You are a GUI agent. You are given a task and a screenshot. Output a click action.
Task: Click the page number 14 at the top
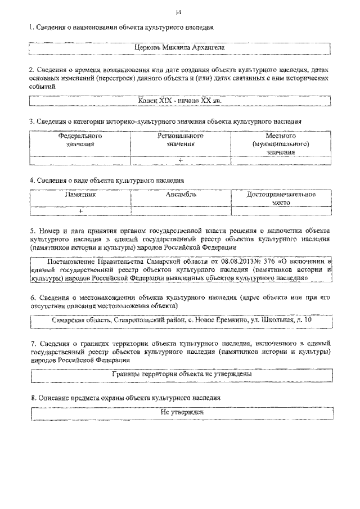(x=178, y=12)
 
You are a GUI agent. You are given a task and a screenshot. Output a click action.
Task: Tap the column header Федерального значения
(x=80, y=140)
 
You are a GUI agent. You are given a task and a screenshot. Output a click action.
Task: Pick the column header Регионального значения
(x=181, y=140)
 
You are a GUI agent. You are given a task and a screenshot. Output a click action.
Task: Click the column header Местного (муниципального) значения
(x=281, y=144)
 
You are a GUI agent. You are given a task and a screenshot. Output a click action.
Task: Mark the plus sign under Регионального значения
(x=181, y=160)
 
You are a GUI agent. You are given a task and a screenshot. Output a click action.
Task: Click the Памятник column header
(x=80, y=195)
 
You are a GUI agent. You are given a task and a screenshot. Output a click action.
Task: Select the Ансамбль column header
(x=181, y=195)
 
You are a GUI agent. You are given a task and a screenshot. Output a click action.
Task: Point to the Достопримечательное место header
(x=281, y=198)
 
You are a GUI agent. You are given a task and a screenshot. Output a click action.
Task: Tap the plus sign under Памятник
(x=80, y=211)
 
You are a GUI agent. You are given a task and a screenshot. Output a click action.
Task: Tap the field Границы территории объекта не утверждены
(x=180, y=373)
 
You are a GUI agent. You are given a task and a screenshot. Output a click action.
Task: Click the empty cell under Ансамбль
(x=181, y=211)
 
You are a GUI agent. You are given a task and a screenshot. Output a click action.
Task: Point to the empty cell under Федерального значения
(x=80, y=160)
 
